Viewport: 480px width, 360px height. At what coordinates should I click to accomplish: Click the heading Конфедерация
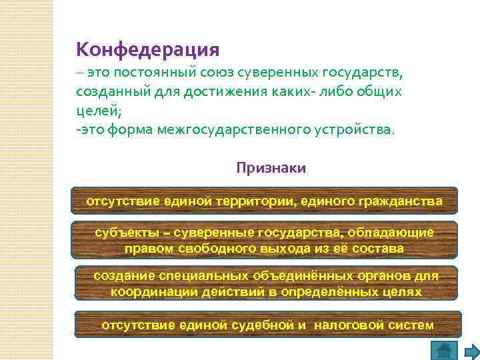coord(147,49)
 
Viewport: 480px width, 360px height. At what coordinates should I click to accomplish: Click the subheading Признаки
coord(271,168)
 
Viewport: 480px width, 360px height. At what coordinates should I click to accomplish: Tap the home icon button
coord(443,349)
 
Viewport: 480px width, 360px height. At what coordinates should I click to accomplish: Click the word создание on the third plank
coord(121,275)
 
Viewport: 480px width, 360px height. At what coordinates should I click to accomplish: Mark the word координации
coord(147,292)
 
